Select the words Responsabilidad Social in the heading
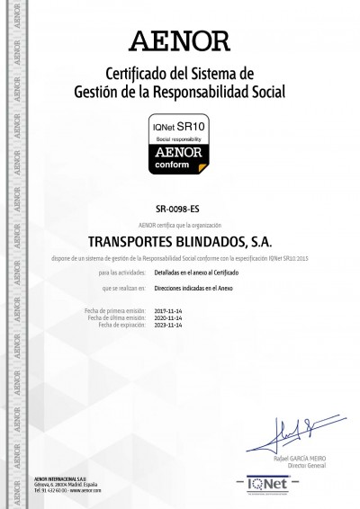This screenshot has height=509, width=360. [230, 91]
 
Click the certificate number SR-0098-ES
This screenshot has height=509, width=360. [179, 209]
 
